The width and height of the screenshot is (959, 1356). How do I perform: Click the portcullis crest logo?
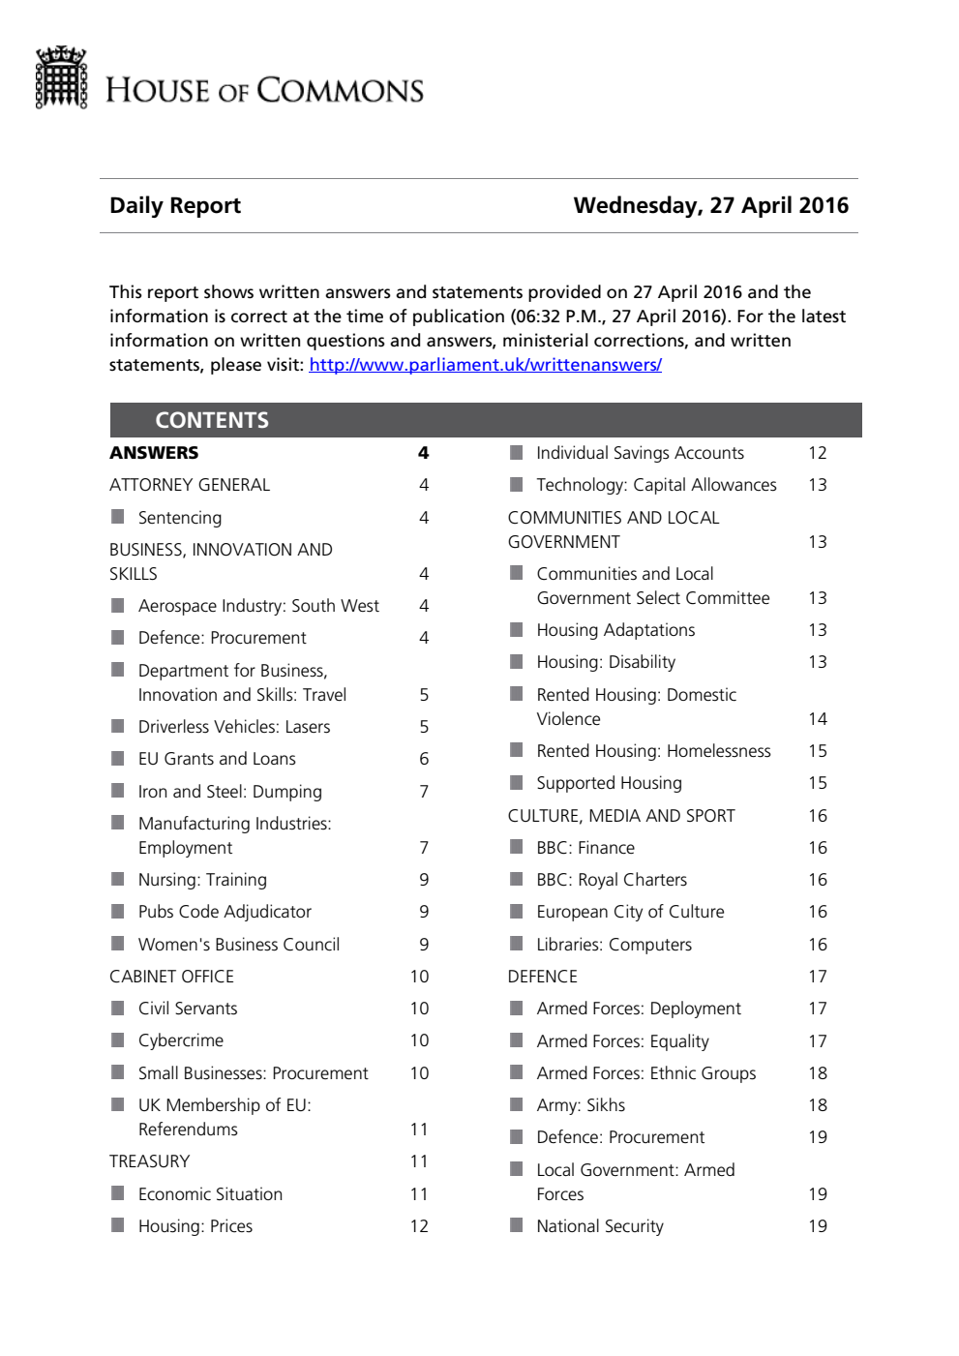(61, 77)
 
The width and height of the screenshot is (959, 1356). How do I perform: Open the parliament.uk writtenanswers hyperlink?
(485, 365)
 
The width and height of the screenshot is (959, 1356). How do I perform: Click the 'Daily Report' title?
(175, 205)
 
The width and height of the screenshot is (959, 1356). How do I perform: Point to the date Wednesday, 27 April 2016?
(710, 205)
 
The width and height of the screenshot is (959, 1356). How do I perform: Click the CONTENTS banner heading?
(212, 420)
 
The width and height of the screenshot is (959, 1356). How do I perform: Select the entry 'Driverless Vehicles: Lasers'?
(234, 727)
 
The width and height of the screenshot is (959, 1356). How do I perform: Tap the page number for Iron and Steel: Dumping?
(424, 792)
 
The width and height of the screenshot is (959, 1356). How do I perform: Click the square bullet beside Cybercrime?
(118, 1040)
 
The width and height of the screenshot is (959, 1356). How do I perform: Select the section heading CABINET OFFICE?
(171, 977)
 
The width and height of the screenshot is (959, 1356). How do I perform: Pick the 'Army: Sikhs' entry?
(581, 1105)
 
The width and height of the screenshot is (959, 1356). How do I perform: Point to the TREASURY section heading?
(149, 1161)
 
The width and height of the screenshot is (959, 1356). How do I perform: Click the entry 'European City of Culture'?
(630, 912)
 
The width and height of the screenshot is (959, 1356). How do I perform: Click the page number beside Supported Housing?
(818, 783)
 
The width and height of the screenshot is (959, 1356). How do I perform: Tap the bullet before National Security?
(517, 1225)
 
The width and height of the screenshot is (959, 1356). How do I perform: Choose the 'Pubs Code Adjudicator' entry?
(225, 912)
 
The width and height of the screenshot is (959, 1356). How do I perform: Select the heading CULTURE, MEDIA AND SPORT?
(621, 816)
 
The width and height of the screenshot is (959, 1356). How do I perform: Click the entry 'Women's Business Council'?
(239, 945)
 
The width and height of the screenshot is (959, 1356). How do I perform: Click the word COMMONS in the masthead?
(341, 91)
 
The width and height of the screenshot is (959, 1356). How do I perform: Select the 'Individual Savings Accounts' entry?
(640, 453)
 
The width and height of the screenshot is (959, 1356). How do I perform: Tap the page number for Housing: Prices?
(419, 1226)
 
